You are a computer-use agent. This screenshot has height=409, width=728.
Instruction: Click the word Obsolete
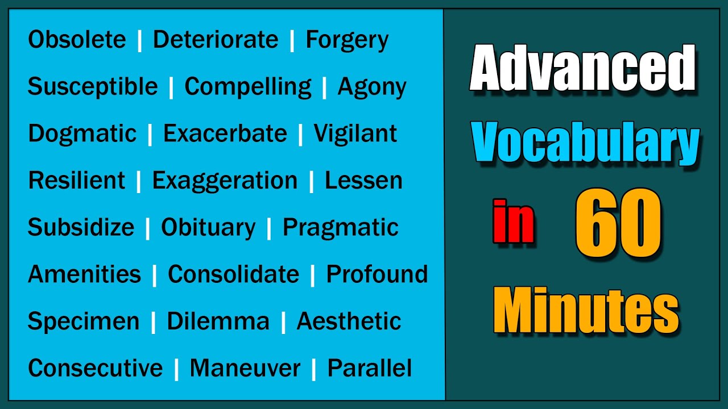pos(77,40)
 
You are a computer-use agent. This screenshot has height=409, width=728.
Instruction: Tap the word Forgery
pos(347,40)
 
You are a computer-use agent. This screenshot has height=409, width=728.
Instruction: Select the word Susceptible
pos(93,86)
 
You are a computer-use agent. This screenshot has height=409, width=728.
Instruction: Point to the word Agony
pos(372,86)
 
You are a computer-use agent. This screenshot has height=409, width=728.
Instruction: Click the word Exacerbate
pos(225,133)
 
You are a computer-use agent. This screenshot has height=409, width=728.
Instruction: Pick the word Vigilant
pos(355,133)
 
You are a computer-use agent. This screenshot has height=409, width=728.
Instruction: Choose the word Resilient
pos(77,180)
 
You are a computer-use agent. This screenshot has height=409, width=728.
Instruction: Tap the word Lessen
pos(363,180)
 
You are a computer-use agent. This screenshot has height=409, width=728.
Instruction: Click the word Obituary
pos(208,227)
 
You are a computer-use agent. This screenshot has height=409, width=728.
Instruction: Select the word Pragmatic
pos(341,227)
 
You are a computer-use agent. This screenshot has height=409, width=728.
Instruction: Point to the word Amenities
pos(84,274)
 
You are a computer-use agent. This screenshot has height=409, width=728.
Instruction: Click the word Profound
pos(377,274)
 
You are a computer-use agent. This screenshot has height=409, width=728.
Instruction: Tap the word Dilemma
pos(218,321)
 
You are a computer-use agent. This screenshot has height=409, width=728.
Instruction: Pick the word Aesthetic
pos(349,321)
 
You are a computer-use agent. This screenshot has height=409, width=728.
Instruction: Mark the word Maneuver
pos(245,368)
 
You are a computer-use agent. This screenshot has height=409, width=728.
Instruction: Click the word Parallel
pos(370,368)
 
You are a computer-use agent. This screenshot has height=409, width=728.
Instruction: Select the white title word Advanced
pos(583,69)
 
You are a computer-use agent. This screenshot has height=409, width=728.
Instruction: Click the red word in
pos(514,222)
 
